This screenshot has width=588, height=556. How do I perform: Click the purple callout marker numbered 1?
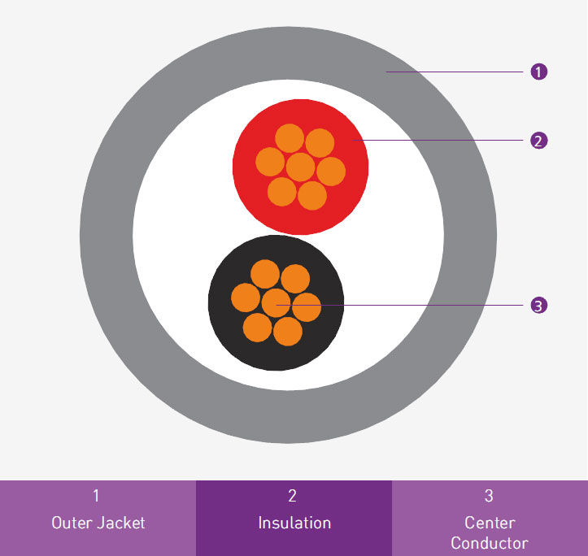pos(539,72)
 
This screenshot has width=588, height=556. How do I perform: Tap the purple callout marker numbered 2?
pos(539,141)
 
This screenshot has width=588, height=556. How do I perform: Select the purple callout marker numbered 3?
pos(539,305)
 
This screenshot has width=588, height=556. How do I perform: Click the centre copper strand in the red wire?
pos(300,167)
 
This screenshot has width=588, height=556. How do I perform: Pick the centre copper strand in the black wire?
pos(276,303)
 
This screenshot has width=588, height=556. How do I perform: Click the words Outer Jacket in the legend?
pos(98,523)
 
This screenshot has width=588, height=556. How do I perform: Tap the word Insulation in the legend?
pos(294,523)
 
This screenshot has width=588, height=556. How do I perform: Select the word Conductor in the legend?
pos(490,543)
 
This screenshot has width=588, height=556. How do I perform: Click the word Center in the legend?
pos(490,523)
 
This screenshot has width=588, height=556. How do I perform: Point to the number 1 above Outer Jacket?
pos(97,496)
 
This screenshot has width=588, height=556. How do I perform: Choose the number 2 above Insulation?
pos(293,496)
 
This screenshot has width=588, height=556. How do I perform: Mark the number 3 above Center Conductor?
pos(489,496)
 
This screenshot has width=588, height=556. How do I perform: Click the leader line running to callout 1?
pos(454,72)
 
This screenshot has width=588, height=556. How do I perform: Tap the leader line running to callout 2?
pos(438,140)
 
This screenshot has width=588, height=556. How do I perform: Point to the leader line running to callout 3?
pos(399,305)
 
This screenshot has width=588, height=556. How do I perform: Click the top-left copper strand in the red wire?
pos(290,138)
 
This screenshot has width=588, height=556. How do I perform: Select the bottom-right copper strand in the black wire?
pos(288,332)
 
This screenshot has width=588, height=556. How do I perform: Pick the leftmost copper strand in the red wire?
pos(270,162)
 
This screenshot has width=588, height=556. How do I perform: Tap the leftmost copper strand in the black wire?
pos(246,298)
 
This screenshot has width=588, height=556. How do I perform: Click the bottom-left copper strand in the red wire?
pos(281,192)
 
